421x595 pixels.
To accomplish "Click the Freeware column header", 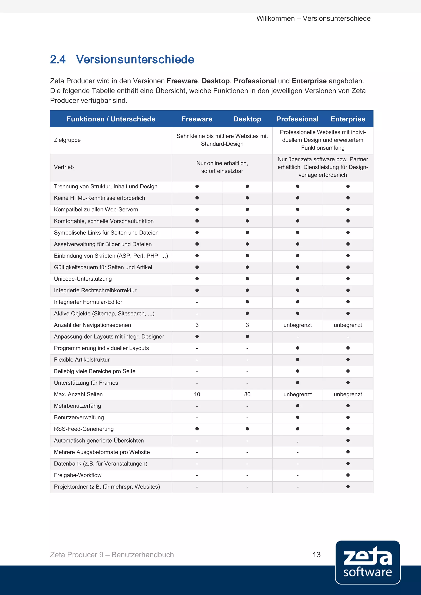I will coord(197,119).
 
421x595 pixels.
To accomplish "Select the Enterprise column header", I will coord(348,119).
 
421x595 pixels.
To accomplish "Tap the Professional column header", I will coord(297,119).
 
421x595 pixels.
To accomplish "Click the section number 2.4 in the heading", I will coord(58,59).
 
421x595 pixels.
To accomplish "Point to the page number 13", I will coord(317,555).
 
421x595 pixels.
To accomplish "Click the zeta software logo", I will coord(368,562).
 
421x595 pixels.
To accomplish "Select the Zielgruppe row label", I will coord(67,140).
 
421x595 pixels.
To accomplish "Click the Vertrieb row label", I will coord(64,167).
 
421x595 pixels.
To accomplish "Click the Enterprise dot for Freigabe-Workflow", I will coord(348,475).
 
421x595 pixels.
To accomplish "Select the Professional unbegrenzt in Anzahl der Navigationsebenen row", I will coord(297,325).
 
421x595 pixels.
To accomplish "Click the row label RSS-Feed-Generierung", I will coord(84,429).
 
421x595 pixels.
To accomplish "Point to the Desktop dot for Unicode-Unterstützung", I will coord(247,279).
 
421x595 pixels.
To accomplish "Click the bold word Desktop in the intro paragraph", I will coord(216,81).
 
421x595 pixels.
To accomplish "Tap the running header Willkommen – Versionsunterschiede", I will coord(313,18).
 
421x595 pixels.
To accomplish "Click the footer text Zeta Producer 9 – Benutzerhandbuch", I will coord(112,555).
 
